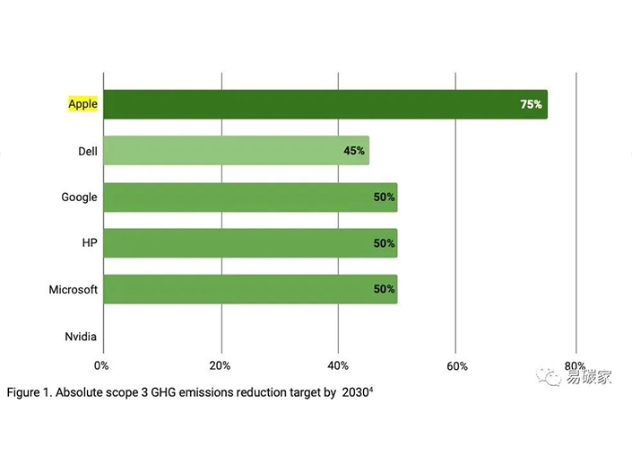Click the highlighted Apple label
tap(82, 104)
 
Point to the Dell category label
tap(87, 151)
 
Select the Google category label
tap(79, 197)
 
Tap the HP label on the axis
tap(89, 243)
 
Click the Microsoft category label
tap(73, 290)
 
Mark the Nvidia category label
tap(81, 337)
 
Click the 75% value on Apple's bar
tap(531, 104)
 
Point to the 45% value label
tap(354, 151)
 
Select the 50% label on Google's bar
tap(385, 197)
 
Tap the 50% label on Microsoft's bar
tap(385, 290)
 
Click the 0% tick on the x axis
tap(101, 365)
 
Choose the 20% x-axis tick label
tap(220, 365)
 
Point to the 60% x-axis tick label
tap(457, 365)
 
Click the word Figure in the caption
tap(27, 392)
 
